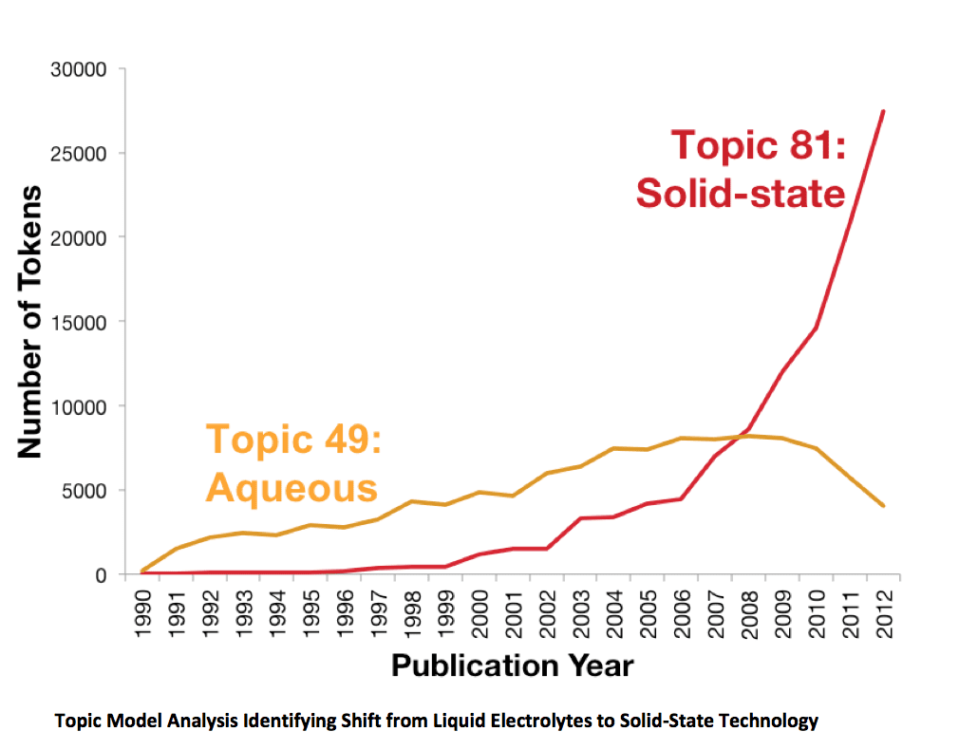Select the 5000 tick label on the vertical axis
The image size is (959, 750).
click(87, 491)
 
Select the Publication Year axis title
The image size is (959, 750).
click(512, 665)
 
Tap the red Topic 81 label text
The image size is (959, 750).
click(758, 146)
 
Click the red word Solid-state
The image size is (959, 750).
click(741, 193)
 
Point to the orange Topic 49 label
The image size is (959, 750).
click(293, 441)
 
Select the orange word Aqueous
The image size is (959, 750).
click(291, 488)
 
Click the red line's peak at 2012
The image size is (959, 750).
click(884, 111)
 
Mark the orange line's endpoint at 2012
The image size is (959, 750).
click(884, 506)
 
